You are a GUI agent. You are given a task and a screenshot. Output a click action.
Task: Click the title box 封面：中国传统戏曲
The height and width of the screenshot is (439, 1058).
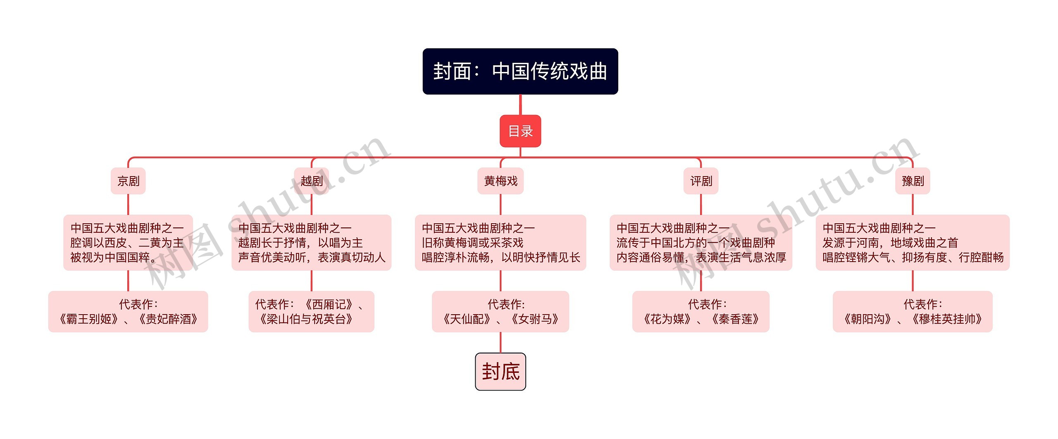(520, 72)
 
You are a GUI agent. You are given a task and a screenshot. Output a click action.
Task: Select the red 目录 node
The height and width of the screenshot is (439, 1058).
(520, 131)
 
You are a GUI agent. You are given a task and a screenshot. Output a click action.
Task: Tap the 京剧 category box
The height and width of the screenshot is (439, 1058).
(128, 181)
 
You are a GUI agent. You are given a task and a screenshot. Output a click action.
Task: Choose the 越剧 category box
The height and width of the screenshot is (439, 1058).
(312, 181)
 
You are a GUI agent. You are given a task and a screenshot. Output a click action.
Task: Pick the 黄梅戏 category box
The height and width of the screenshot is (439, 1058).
(500, 181)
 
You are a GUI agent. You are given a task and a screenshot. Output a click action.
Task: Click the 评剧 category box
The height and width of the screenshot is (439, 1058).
(701, 181)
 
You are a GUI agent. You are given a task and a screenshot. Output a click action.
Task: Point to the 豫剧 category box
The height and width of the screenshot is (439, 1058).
(913, 181)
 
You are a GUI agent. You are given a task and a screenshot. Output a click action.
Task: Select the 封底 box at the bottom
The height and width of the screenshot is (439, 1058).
(500, 372)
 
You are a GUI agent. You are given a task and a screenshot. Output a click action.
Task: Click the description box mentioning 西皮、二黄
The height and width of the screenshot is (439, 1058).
(128, 243)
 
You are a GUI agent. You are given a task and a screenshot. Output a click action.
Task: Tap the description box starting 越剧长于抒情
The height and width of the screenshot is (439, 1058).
(312, 243)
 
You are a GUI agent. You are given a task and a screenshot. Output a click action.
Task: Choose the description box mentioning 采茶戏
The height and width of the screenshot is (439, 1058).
(500, 243)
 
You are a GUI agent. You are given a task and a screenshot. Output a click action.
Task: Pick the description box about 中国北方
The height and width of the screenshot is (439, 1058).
(701, 243)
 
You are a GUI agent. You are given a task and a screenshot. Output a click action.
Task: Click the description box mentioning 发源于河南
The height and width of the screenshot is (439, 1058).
(913, 243)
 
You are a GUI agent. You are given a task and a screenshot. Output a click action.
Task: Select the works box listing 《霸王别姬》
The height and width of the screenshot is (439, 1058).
(128, 312)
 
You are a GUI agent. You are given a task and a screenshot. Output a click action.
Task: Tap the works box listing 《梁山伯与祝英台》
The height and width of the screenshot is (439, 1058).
(312, 312)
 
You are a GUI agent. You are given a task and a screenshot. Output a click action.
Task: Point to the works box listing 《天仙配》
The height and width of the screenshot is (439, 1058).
(500, 312)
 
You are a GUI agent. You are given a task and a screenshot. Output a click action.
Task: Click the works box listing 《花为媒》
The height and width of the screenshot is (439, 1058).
(701, 312)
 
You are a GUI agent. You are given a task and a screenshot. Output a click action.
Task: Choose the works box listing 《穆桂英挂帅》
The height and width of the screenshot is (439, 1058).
(913, 312)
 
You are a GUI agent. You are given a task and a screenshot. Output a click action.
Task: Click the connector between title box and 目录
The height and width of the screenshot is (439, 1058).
(520, 105)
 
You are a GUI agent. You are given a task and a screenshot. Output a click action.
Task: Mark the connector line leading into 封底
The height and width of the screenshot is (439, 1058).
(500, 343)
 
